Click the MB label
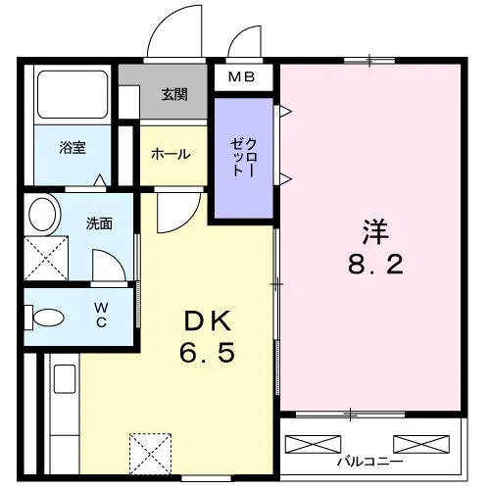coord(241,77)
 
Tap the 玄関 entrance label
coord(174,94)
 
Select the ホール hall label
coord(171,154)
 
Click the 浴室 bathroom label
coord(73,147)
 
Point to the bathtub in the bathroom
coord(73,94)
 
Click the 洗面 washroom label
coord(99,223)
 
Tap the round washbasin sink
coord(42,215)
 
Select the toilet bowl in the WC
coord(48,318)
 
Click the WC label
coord(101,315)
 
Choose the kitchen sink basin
coord(65,379)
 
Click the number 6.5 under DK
coord(208,352)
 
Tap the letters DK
coord(208,320)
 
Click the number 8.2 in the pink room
coord(375,264)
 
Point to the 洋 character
coord(375,231)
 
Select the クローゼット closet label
coord(244,158)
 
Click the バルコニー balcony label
coord(370,462)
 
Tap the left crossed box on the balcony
coord(313,444)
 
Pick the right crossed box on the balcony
coord(421,444)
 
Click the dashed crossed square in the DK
coord(151,454)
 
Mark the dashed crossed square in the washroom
coord(46,258)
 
